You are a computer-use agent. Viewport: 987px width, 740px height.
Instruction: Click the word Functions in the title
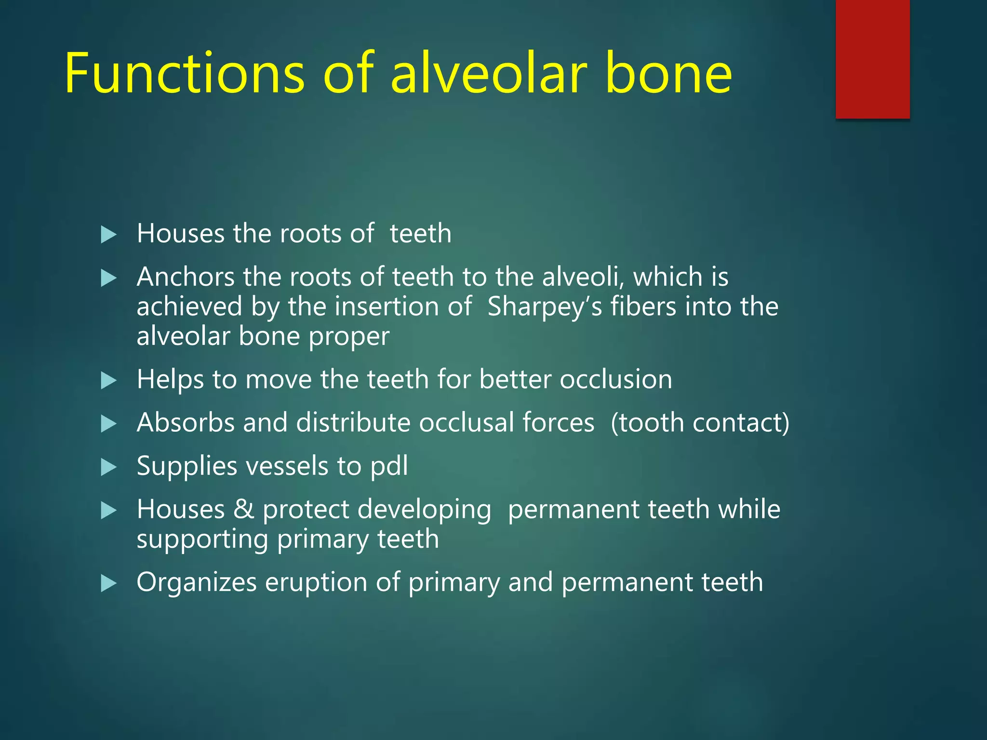tap(185, 73)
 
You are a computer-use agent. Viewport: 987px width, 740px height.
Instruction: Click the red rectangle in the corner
tap(872, 59)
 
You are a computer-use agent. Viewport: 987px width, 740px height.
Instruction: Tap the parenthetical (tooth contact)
tap(700, 423)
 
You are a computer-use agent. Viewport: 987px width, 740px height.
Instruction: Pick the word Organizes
tap(197, 582)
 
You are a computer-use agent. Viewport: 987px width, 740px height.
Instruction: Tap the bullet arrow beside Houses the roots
tap(109, 235)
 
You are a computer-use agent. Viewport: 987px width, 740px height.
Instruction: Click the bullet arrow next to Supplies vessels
tap(109, 467)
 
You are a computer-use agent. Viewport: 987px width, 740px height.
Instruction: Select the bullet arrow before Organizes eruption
tap(109, 584)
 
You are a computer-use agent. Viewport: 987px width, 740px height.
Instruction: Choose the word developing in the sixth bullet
tap(377, 510)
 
